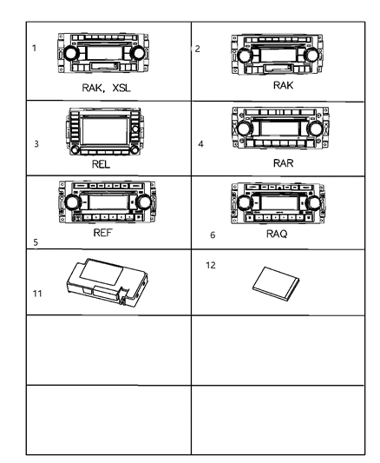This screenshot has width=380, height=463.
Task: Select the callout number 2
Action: [198, 47]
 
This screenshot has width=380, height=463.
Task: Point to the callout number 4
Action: [201, 142]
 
